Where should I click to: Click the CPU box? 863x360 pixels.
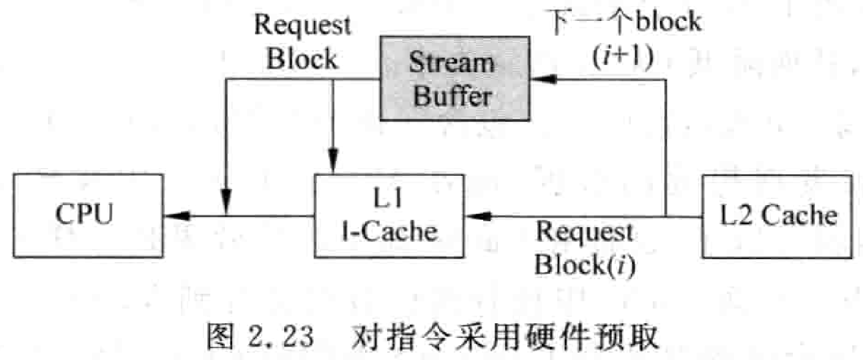point(88,215)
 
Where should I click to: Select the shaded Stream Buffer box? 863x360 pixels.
point(454,78)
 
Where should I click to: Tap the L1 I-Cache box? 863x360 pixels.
point(389,215)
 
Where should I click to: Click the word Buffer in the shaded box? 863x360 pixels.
point(452,96)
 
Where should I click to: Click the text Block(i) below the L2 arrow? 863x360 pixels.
point(585,264)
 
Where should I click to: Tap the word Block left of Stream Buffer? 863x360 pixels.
point(302,59)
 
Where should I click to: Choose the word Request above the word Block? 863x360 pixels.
point(302,25)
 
